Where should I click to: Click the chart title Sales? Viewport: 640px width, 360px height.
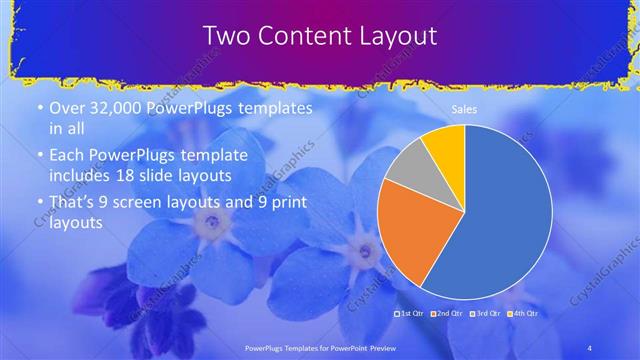coord(464,110)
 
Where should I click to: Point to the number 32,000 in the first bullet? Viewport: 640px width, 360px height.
coord(115,109)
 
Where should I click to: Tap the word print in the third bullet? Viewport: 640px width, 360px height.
coord(276,203)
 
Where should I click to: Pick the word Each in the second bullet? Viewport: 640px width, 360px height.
coord(65,155)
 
